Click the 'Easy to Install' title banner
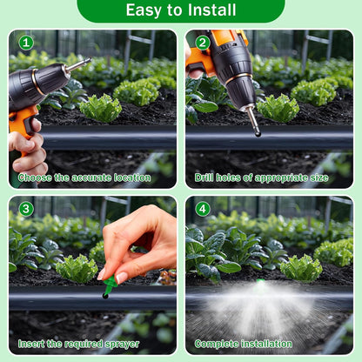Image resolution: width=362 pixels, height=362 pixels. (x=180, y=10)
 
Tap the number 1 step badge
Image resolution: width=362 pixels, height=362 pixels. (x=26, y=42)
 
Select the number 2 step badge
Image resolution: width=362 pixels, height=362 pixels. (x=202, y=42)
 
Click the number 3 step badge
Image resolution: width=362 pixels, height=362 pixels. (x=26, y=209)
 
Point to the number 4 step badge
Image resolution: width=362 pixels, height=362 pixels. (x=202, y=209)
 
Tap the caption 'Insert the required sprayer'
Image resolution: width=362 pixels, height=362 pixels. (x=79, y=344)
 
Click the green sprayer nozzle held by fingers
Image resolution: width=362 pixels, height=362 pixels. (x=110, y=284)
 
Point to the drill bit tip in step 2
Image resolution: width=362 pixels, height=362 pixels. (x=257, y=131)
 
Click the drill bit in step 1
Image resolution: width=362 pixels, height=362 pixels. (x=77, y=65)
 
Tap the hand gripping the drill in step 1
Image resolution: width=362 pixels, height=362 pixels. (x=27, y=148)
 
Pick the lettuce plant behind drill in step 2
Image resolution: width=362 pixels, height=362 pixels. (x=278, y=108)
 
